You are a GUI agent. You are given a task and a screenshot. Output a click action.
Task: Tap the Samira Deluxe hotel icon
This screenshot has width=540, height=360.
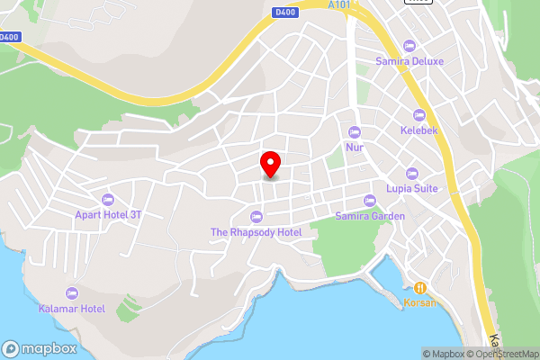click(409, 46)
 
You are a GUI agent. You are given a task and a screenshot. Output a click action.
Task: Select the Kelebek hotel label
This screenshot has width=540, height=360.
click(418, 130)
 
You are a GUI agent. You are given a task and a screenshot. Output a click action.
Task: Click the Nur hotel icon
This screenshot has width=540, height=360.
click(355, 131)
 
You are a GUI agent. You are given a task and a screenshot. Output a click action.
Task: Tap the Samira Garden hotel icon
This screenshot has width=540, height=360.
click(369, 201)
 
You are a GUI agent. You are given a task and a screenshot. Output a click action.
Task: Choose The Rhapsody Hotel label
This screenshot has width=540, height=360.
click(256, 231)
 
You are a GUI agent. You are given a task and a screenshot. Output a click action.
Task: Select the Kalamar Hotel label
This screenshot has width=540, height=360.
click(72, 309)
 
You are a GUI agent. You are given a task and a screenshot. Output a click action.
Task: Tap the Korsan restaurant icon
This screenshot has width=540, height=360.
click(419, 287)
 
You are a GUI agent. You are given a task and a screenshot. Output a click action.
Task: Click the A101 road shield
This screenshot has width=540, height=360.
click(338, 4)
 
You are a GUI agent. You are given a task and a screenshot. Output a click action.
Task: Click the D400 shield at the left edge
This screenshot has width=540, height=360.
click(9, 37)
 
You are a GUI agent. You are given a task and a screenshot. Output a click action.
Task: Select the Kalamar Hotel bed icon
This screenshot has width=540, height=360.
click(72, 293)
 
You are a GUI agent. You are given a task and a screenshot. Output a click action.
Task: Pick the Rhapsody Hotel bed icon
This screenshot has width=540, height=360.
click(256, 216)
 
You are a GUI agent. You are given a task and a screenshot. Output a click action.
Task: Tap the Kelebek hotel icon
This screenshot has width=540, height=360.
click(418, 115)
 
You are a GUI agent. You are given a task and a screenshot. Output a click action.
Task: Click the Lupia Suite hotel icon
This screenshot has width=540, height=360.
click(412, 174)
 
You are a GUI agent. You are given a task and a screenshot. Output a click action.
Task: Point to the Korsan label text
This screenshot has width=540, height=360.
click(419, 303)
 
